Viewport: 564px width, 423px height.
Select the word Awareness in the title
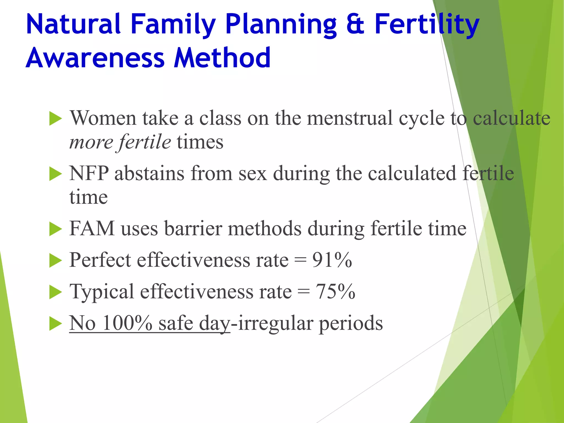[x=95, y=58]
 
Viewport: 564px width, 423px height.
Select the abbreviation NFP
[x=89, y=173]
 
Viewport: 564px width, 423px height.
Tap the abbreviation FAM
[x=92, y=229]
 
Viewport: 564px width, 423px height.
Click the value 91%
[x=332, y=260]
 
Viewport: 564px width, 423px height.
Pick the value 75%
[x=335, y=291]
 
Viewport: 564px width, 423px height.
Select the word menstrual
[x=350, y=118]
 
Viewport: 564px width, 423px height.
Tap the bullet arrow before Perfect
[x=55, y=261]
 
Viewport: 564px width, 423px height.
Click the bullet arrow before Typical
[x=55, y=292]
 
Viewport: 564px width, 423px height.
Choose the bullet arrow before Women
[x=55, y=119]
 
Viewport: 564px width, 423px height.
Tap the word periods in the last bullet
[x=351, y=323]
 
